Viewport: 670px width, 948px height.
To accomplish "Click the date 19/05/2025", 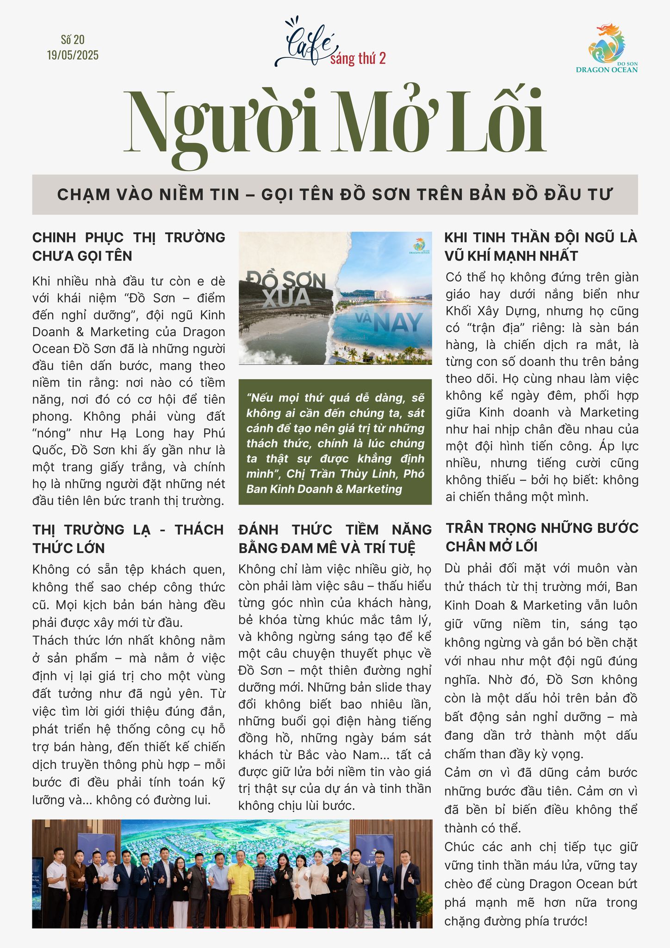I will [x=73, y=56].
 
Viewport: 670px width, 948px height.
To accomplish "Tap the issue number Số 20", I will [x=73, y=40].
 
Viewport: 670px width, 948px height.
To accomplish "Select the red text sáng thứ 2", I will [x=358, y=59].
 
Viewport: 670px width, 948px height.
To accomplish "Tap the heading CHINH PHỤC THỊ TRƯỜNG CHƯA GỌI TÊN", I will [x=129, y=247].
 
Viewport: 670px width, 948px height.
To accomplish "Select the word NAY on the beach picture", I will [x=397, y=322].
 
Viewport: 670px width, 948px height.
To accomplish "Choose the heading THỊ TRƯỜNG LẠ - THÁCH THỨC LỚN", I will [x=128, y=539].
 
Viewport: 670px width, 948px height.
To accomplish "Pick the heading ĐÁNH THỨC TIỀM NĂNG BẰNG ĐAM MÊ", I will [x=335, y=539].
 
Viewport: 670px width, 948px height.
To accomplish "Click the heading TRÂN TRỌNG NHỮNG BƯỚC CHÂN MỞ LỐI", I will [x=541, y=537].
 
